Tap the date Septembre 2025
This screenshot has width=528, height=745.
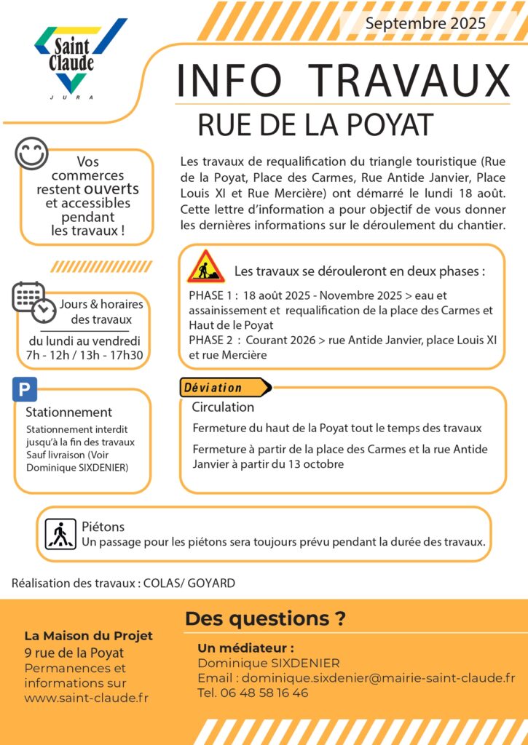click(x=425, y=23)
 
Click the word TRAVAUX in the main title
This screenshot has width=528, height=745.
click(x=409, y=80)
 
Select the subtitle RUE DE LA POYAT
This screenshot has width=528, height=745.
click(x=315, y=125)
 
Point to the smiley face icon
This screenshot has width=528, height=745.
click(x=31, y=154)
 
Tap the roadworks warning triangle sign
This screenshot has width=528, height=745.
click(x=205, y=268)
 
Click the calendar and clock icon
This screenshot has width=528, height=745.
click(x=34, y=300)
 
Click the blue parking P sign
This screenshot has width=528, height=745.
click(x=25, y=390)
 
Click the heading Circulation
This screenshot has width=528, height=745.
click(x=223, y=407)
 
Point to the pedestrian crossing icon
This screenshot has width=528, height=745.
click(x=60, y=534)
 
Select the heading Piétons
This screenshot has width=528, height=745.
click(x=103, y=526)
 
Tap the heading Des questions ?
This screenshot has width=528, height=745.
click(x=265, y=619)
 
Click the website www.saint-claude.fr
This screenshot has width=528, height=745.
click(x=86, y=698)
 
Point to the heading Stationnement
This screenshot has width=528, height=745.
click(x=68, y=413)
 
